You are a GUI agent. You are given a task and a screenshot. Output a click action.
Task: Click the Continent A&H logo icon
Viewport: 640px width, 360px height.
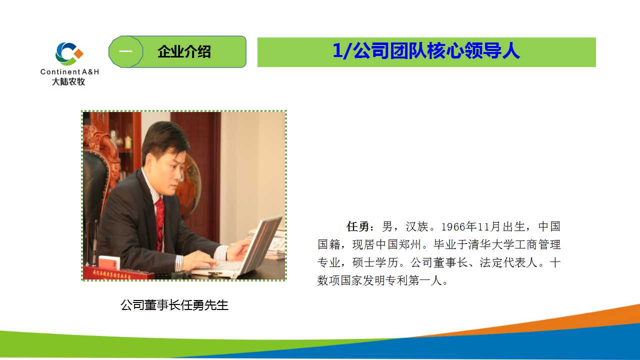(69, 53)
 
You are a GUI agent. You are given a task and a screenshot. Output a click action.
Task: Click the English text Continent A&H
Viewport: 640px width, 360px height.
(69, 71)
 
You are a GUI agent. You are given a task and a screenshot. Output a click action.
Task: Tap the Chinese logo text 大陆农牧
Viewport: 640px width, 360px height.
(68, 81)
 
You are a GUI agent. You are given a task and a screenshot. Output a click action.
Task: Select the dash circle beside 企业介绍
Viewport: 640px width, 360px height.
(125, 51)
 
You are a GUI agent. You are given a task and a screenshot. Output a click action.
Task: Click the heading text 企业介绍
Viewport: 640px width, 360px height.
(184, 51)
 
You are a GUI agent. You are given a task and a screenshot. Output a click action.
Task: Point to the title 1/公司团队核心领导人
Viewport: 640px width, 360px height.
(426, 51)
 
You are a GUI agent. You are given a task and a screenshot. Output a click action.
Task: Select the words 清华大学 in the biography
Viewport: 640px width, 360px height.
(491, 244)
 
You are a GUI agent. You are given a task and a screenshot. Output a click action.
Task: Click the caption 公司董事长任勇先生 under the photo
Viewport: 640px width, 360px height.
(174, 305)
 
